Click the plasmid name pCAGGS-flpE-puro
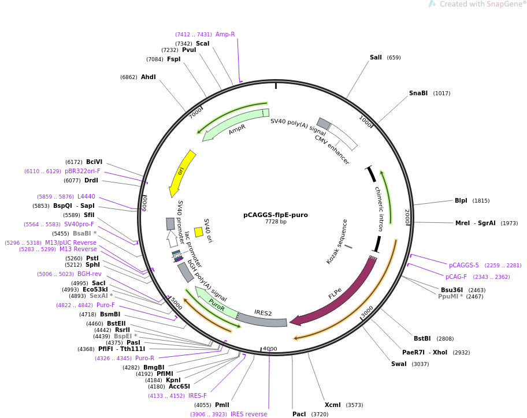pyautogui.click(x=276, y=215)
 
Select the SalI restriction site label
pyautogui.click(x=376, y=57)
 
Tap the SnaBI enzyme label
pyautogui.click(x=418, y=93)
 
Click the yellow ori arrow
pyautogui.click(x=181, y=173)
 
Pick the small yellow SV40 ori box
pyautogui.click(x=199, y=232)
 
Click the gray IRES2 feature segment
pyautogui.click(x=262, y=319)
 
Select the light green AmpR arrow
pyautogui.click(x=235, y=124)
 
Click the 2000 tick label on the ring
pyautogui.click(x=407, y=217)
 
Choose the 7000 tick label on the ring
pyautogui.click(x=196, y=113)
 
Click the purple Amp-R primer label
pyautogui.click(x=225, y=34)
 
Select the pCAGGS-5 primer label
pyautogui.click(x=464, y=265)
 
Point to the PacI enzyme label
pyautogui.click(x=299, y=414)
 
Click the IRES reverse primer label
pyautogui.click(x=248, y=414)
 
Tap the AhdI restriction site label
pyautogui.click(x=148, y=77)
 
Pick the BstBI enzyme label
pyautogui.click(x=422, y=338)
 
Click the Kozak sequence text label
pyautogui.click(x=337, y=242)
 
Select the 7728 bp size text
pyautogui.click(x=276, y=222)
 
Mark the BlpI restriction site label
pyautogui.click(x=461, y=200)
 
